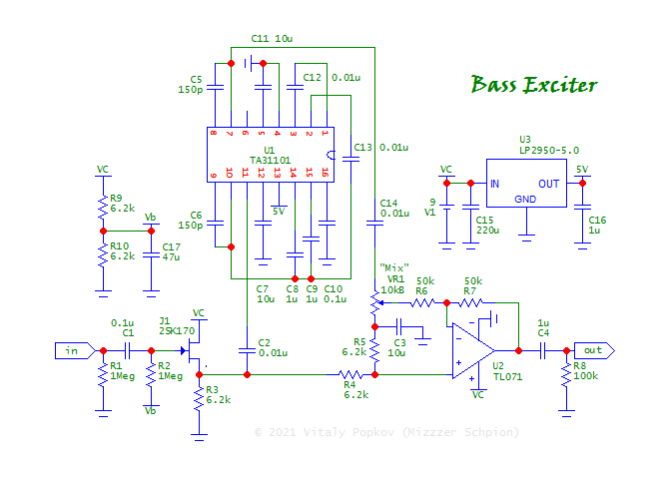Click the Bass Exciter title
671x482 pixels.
534,84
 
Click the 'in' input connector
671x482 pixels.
75,350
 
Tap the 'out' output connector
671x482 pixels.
595,350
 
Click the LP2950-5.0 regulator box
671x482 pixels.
525,184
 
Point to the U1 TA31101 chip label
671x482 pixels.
270,158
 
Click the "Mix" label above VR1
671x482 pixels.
394,266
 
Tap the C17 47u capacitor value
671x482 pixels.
172,257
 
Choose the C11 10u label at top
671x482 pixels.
273,38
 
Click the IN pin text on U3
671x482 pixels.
494,184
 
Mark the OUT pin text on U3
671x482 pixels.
549,184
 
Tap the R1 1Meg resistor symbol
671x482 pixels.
102,375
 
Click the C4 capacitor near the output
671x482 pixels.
543,350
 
